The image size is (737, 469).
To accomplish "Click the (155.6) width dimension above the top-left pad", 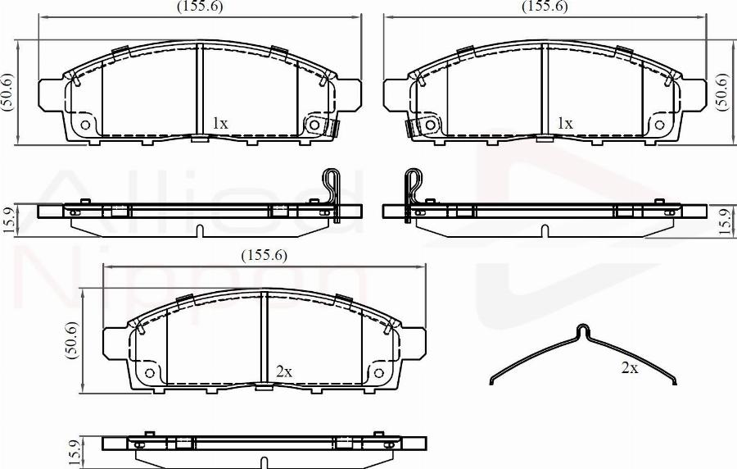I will pos(200,7).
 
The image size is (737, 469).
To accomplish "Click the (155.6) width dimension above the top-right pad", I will pos(545,7).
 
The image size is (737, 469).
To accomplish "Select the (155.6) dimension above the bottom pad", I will pos(264,255).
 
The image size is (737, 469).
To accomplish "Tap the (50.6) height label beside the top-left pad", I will pos(9,93).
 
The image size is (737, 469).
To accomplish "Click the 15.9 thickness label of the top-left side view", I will pos(9,221).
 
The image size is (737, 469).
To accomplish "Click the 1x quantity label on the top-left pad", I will pos(219,123).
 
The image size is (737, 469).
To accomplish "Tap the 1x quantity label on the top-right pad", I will pos(564,123).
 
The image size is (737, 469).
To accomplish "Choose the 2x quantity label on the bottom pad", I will pos(283,371).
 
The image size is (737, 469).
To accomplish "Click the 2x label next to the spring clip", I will pos(629,368).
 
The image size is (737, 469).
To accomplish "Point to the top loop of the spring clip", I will pos(582,329).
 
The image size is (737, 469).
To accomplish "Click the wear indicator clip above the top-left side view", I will pos(331,184).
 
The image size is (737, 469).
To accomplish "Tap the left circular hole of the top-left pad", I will pos(85,125).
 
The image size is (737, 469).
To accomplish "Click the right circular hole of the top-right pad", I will pos(658,125).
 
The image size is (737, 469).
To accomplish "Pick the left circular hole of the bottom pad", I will pos(148,373).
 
